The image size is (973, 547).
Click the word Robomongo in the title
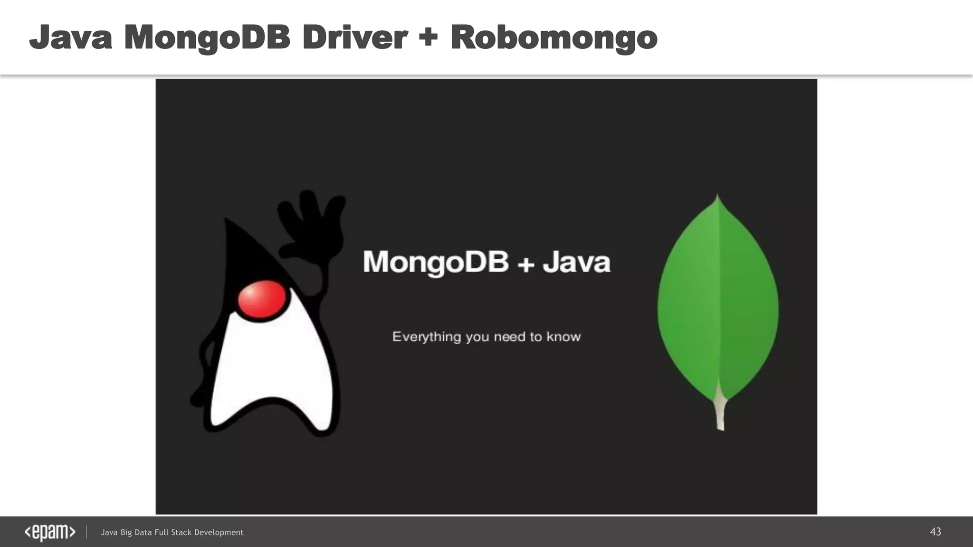coord(554,38)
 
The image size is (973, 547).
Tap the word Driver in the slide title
coord(354,38)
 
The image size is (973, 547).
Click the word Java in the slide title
coord(71,38)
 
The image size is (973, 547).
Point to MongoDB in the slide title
coord(207,38)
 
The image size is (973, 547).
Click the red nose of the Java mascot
coord(261,299)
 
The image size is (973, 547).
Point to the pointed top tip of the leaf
coord(717,197)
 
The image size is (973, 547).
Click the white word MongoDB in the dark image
coord(436,262)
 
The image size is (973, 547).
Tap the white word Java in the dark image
coord(577,262)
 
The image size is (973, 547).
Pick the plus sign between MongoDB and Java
coord(526,264)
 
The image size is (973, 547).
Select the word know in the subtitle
coord(563,337)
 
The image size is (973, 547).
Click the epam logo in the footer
coord(50,532)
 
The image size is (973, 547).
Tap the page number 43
coord(935,532)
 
